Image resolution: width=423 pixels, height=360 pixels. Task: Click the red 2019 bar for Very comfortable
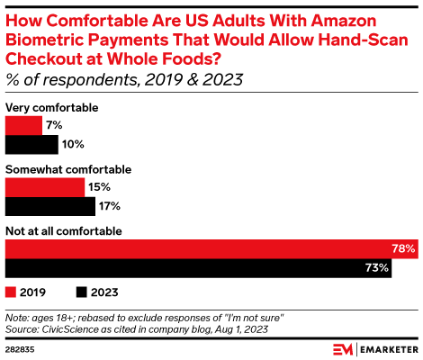pos(23,125)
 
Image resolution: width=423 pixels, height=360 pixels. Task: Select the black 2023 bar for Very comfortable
pos(31,144)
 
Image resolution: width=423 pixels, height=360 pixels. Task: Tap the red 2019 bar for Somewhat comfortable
pos(45,187)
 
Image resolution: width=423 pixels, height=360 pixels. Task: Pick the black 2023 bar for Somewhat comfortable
pos(49,206)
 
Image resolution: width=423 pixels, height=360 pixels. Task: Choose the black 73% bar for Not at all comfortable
pos(198,267)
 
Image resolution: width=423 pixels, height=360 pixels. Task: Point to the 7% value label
pos(53,125)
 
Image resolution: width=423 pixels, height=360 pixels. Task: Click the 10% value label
pos(72,144)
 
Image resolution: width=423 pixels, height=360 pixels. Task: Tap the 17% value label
pos(108,206)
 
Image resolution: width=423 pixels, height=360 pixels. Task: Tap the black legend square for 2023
pos(82,292)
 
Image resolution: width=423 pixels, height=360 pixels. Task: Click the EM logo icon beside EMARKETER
pos(343,347)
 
